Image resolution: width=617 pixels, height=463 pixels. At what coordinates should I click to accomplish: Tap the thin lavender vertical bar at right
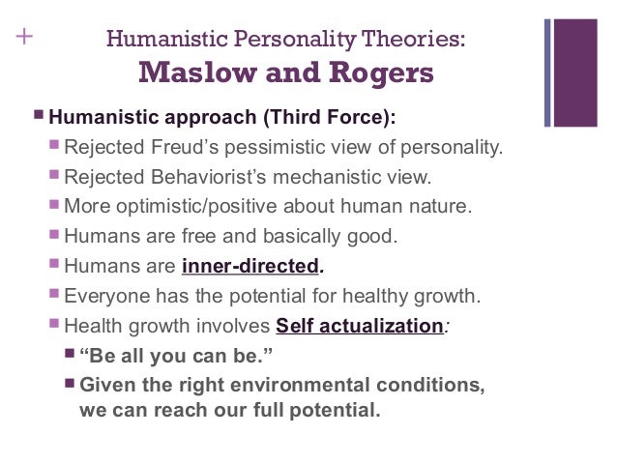tap(547, 72)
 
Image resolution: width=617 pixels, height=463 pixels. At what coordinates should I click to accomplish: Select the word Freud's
tap(189, 149)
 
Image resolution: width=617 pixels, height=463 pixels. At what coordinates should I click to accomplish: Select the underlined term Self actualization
tap(359, 326)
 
